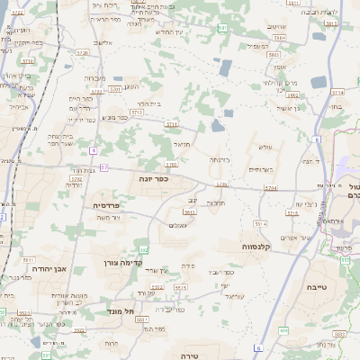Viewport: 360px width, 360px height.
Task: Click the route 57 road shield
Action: (104, 167)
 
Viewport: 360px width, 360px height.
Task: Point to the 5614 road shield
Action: (260, 222)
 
